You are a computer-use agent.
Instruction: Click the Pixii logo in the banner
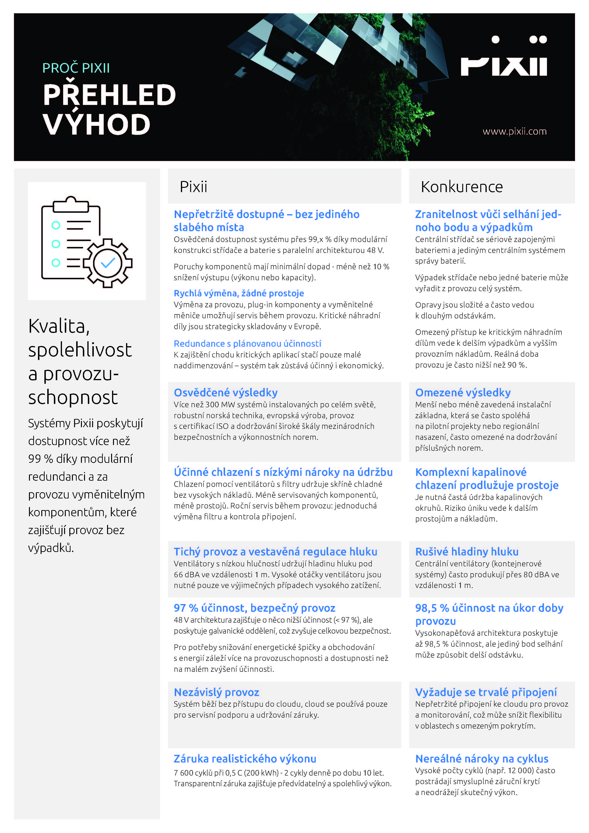click(503, 57)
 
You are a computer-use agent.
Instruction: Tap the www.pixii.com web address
click(514, 131)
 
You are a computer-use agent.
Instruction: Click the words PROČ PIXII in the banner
click(76, 68)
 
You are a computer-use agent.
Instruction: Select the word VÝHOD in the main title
click(96, 124)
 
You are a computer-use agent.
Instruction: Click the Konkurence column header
click(461, 187)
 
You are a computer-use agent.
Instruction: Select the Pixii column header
click(193, 187)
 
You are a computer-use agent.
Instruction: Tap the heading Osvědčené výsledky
click(226, 393)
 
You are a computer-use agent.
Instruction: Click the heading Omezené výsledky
click(463, 393)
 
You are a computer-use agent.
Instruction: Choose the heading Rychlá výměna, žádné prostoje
click(239, 293)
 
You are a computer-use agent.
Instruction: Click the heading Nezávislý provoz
click(217, 692)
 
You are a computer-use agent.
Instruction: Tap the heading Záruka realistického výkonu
click(245, 759)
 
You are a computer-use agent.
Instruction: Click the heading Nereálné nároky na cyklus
click(482, 759)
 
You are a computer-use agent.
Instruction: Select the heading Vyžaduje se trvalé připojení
click(486, 692)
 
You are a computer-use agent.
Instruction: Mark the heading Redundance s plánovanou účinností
click(247, 344)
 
